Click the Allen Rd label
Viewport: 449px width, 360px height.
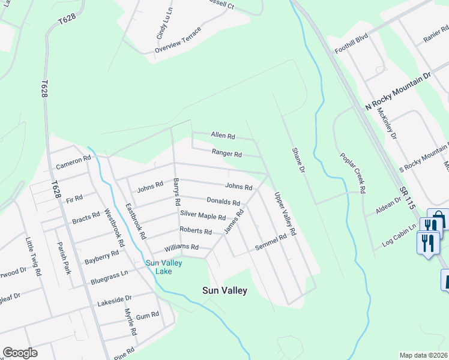click(x=223, y=136)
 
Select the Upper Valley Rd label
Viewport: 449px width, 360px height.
click(x=285, y=214)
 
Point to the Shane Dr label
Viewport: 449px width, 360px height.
click(x=299, y=161)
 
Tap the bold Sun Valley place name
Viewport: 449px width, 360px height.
click(x=224, y=291)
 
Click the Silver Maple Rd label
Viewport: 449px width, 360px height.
click(x=203, y=216)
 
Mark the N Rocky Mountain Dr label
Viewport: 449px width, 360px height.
click(x=398, y=91)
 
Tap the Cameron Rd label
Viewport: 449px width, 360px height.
click(x=73, y=162)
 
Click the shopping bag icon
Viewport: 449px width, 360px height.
click(x=438, y=218)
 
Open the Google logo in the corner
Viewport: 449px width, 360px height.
click(x=20, y=353)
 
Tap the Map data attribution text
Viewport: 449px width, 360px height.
click(x=424, y=355)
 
